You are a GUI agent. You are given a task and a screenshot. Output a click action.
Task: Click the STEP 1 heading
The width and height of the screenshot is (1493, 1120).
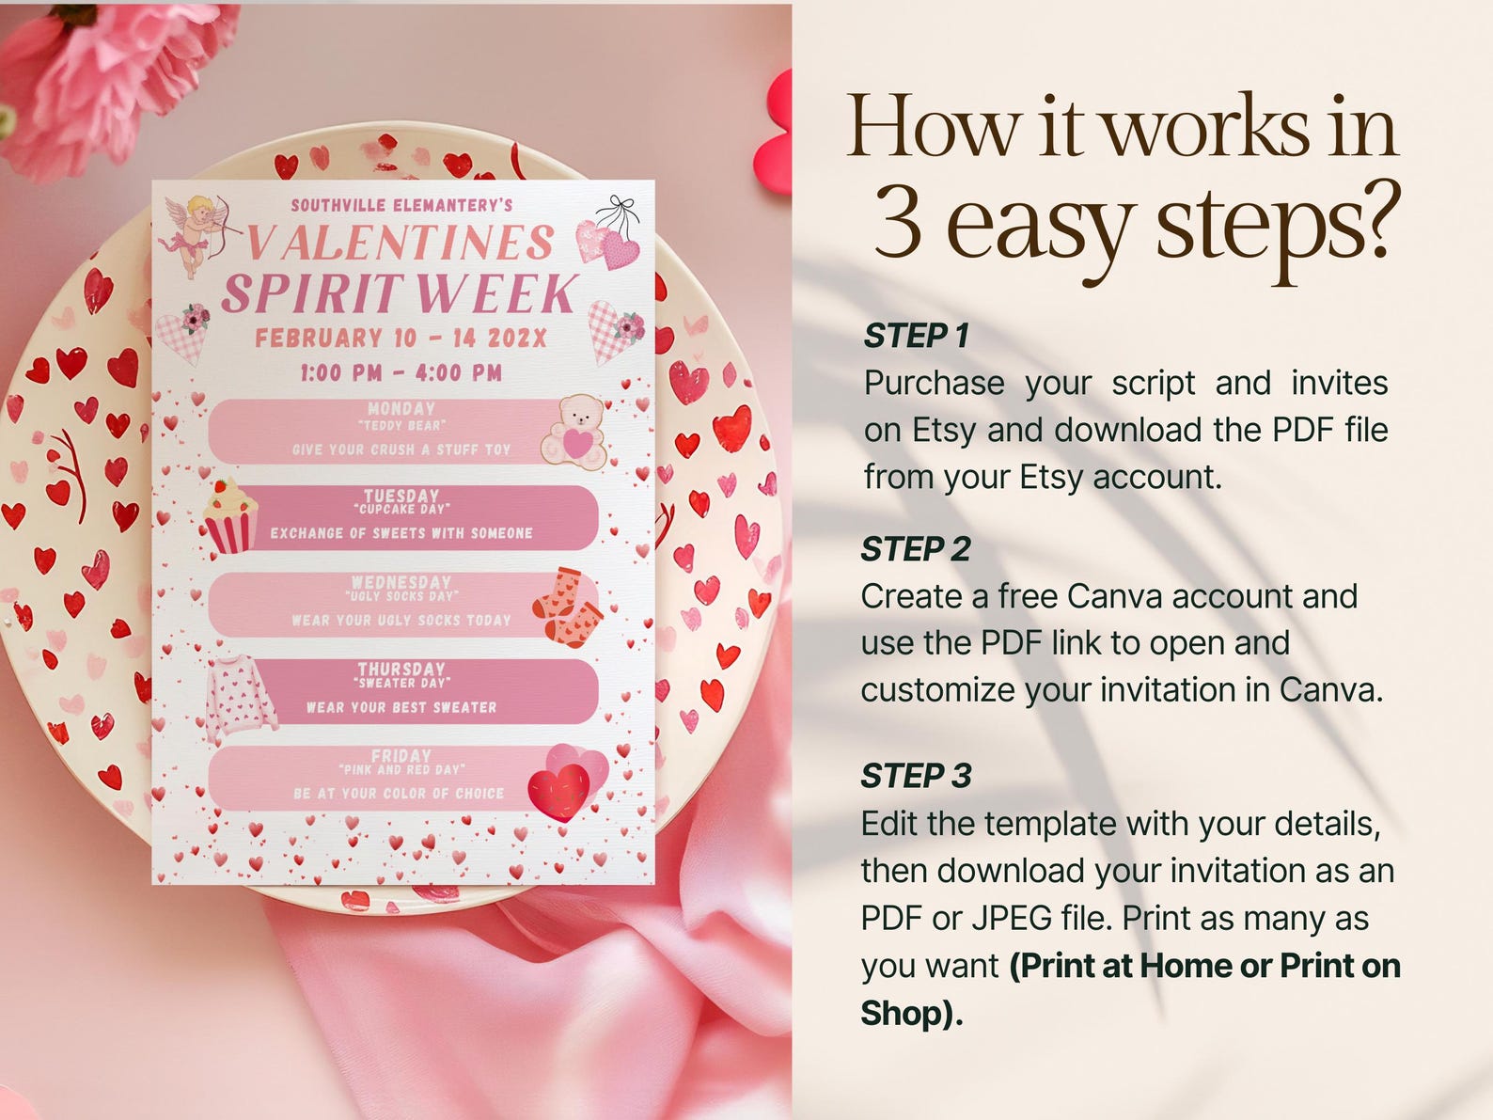pyautogui.click(x=916, y=336)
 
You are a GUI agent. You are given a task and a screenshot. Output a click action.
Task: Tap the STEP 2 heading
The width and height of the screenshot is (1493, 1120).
pyautogui.click(x=915, y=549)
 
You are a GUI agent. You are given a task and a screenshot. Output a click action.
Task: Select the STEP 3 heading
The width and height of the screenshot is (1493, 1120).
pyautogui.click(x=916, y=777)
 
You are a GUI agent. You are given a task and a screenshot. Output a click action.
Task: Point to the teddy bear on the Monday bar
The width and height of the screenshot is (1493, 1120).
pyautogui.click(x=575, y=431)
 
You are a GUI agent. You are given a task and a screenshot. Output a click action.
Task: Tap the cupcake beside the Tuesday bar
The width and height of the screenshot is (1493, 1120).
pyautogui.click(x=229, y=515)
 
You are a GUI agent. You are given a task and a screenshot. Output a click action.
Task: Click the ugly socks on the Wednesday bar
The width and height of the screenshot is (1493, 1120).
pyautogui.click(x=567, y=607)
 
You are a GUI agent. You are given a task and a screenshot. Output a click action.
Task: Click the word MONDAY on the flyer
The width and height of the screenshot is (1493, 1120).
pyautogui.click(x=401, y=409)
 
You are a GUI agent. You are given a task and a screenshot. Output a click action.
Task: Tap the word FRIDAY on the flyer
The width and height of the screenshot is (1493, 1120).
pyautogui.click(x=401, y=756)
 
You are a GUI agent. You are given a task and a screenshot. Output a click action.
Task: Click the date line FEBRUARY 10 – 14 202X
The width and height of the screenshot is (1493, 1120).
pyautogui.click(x=401, y=339)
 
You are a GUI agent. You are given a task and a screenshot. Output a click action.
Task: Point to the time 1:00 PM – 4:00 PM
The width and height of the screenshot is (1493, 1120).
pyautogui.click(x=401, y=373)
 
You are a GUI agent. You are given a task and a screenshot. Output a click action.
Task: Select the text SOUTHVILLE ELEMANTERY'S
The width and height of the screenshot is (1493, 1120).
pyautogui.click(x=401, y=205)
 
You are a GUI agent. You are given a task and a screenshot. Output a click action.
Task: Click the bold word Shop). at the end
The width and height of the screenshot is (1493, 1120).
pyautogui.click(x=911, y=1014)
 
